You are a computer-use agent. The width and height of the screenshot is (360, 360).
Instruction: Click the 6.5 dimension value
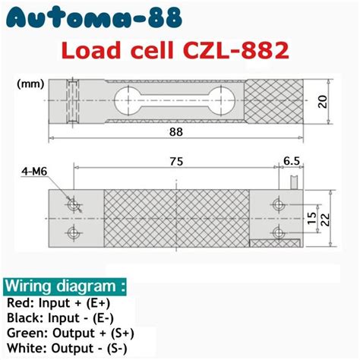pos(290,161)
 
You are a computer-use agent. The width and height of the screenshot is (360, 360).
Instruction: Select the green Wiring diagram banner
pos(65,286)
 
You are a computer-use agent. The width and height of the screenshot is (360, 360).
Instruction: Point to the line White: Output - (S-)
pos(65,348)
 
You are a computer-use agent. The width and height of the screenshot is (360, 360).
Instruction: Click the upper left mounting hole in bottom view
pos(73,205)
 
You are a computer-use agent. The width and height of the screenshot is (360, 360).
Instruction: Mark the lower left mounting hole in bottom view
pos(73,232)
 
